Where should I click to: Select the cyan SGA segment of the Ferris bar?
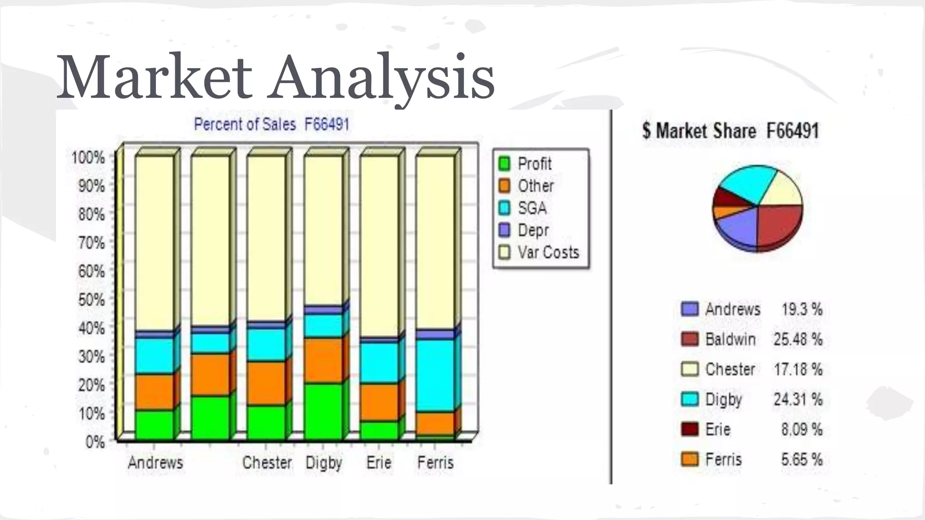(x=435, y=375)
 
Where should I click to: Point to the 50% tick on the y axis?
(x=92, y=300)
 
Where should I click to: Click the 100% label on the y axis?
(x=88, y=158)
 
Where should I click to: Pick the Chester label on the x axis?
(x=267, y=462)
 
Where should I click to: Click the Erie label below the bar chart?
(x=379, y=462)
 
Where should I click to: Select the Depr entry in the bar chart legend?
(x=533, y=230)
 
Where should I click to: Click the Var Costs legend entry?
(x=548, y=252)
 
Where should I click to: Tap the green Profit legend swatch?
(x=504, y=163)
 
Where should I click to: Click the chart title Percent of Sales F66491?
(x=272, y=124)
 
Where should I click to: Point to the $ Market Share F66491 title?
(x=730, y=131)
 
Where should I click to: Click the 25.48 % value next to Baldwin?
(x=798, y=339)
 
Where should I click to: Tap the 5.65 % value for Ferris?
(x=802, y=460)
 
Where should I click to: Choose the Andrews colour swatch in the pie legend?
(x=690, y=309)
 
